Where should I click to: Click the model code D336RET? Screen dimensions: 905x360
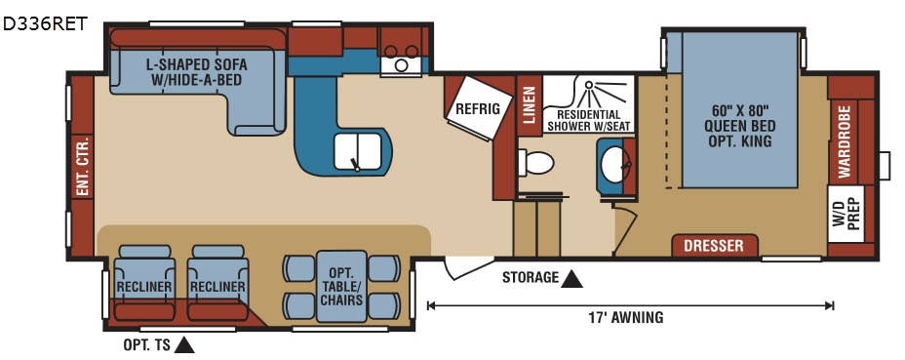45,23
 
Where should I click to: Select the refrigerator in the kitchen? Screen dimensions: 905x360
477,108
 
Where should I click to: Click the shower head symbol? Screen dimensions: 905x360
588,86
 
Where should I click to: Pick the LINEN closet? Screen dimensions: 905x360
530,105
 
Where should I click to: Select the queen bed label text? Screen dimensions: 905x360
740,126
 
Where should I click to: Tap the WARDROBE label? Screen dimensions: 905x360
845,142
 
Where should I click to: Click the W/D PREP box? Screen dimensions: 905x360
846,214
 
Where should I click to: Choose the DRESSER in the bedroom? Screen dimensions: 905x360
714,246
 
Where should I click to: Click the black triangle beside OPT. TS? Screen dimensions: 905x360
184,345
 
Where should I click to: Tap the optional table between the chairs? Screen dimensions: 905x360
341,286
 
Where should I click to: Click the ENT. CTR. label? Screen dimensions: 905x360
82,167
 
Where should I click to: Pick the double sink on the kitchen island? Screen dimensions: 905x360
357,152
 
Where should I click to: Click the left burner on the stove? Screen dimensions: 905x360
391,52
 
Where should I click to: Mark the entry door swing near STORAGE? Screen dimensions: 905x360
466,267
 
